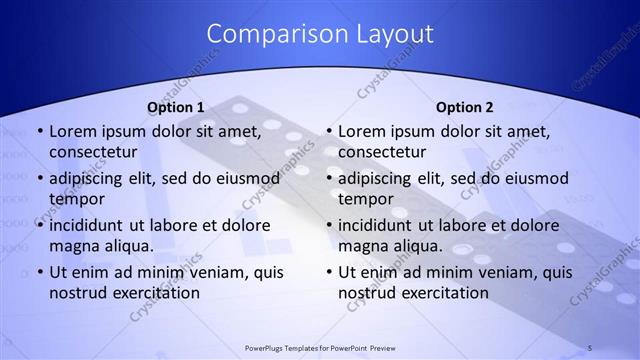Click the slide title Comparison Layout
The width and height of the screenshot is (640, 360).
coord(320,34)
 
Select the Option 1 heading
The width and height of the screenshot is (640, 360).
coord(176,107)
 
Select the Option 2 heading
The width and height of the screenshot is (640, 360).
coord(465,107)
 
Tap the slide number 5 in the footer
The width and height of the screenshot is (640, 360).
coord(589,348)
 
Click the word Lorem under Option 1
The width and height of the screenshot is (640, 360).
coord(74,131)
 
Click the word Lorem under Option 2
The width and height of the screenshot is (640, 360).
coord(363,131)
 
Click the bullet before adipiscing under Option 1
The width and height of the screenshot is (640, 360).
coord(39,179)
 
